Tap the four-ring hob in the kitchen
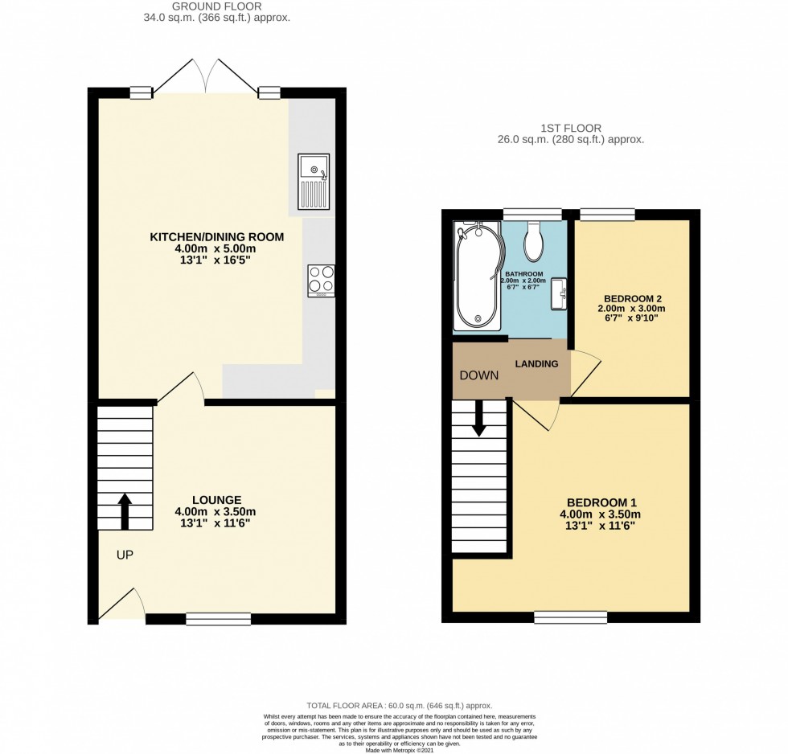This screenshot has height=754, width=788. coord(321,281)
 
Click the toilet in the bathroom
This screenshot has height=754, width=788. coord(535,242)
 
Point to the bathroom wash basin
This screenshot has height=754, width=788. coord(560,295)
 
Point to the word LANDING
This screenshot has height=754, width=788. coord(537,364)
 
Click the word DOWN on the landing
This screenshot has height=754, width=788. coord(478,375)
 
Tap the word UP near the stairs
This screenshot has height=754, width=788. coord(124,555)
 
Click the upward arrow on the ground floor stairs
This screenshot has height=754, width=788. coord(125,511)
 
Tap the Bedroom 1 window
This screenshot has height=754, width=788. coord(570,617)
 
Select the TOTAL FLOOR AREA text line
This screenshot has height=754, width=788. coord(400,705)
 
